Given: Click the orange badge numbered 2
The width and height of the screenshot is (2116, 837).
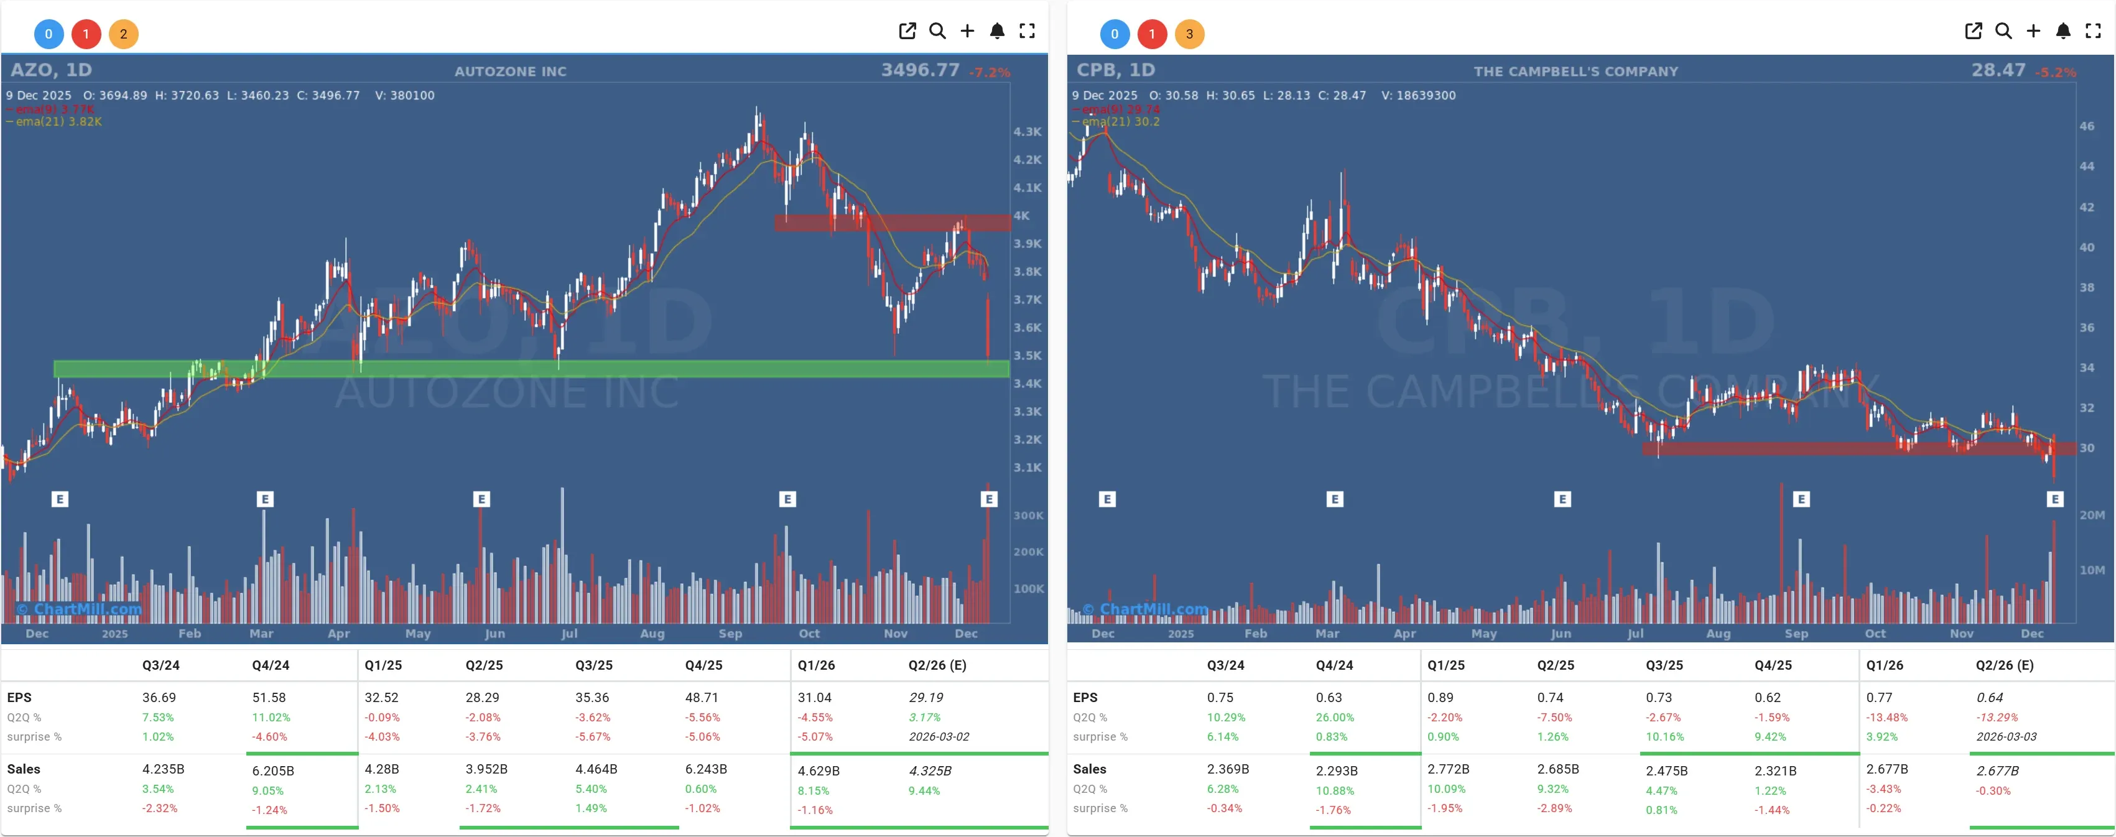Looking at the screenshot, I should (123, 34).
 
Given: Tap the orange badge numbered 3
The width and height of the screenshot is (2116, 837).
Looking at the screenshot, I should (1189, 34).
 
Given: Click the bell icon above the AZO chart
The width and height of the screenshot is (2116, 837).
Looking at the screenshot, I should (996, 31).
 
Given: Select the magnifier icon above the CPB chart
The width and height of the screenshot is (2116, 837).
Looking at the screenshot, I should (2003, 31).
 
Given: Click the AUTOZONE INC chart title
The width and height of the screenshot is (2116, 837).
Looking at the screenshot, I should (510, 72).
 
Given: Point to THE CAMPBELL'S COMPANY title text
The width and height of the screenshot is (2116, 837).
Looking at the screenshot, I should (1575, 72).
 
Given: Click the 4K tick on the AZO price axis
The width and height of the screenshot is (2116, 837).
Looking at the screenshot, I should (1021, 215).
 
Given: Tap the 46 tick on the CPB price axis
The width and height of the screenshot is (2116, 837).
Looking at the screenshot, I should (2086, 126).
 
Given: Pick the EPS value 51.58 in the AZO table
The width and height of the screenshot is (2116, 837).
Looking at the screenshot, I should (269, 697).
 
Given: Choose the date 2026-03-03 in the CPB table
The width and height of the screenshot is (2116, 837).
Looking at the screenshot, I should (2006, 737).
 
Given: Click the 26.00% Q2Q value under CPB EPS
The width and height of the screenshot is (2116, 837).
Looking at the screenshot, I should (1335, 717).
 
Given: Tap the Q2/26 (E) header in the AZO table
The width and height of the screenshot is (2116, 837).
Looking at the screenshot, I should (937, 665).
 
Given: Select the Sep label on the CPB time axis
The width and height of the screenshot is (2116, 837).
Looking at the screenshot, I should (1796, 633).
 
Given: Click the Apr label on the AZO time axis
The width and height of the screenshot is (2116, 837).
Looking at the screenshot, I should (338, 633).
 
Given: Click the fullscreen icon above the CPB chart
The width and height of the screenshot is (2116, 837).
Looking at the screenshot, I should (2092, 31).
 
